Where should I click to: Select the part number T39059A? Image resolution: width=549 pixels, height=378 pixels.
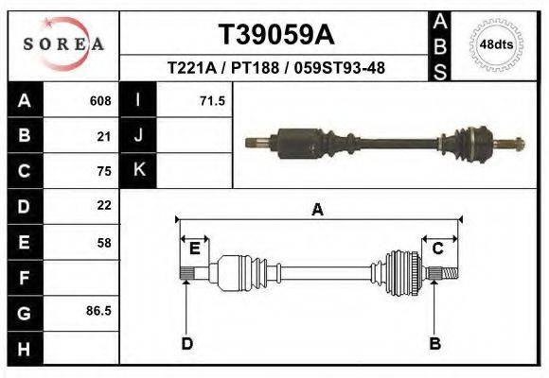275,35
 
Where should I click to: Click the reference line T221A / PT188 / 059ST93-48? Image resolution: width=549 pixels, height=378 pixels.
275,68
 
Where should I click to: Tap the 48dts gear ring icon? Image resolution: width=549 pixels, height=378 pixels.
497,44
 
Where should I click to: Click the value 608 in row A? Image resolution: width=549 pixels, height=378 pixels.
100,100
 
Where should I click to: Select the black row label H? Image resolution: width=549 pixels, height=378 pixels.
24,349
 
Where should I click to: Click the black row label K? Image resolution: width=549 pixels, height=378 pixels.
138,171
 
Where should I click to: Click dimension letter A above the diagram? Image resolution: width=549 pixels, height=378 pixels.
318,210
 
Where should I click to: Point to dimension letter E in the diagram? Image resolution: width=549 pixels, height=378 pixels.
194,249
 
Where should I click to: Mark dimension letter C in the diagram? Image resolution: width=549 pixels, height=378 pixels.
438,249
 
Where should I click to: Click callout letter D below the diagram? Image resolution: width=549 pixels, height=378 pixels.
186,343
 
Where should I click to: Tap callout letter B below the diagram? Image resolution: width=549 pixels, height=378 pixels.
435,343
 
